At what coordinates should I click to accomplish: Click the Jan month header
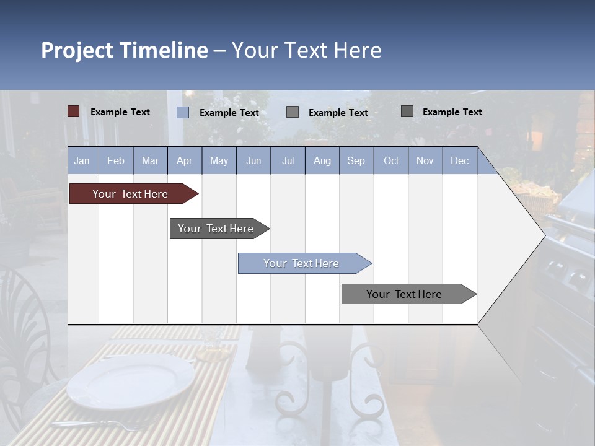[82, 160]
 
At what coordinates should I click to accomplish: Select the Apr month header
[184, 160]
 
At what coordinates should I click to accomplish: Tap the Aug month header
[322, 160]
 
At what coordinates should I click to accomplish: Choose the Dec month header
[459, 160]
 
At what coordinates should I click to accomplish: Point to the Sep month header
[356, 160]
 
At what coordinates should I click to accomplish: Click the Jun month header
[253, 160]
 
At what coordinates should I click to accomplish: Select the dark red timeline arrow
[130, 194]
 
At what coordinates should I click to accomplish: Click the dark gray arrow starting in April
[216, 229]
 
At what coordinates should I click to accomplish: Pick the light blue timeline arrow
[301, 263]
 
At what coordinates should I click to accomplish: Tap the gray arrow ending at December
[404, 294]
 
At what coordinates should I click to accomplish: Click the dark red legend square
[74, 111]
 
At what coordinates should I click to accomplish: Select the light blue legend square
[183, 112]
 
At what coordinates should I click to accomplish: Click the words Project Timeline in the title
[124, 50]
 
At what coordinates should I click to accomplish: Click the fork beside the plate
[99, 426]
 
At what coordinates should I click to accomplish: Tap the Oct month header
[390, 160]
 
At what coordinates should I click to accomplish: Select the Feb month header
[116, 160]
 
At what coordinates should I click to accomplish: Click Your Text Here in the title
[307, 50]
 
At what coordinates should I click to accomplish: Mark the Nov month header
[425, 160]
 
